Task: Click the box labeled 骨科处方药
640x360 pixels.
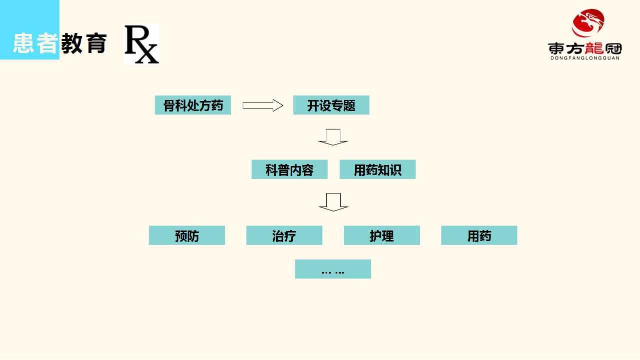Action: [x=193, y=105]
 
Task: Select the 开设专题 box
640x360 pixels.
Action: [x=331, y=105]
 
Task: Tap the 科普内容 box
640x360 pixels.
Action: [x=289, y=169]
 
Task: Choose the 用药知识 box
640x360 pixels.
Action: [x=377, y=169]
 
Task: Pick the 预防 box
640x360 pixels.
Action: [x=187, y=235]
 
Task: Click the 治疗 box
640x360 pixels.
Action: [x=284, y=235]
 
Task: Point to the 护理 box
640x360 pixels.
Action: [x=381, y=235]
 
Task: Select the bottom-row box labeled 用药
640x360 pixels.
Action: [x=479, y=235]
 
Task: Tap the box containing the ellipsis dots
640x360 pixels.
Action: [x=333, y=269]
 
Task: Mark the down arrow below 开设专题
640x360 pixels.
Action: [x=333, y=137]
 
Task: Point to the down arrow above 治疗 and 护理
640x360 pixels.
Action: [x=333, y=202]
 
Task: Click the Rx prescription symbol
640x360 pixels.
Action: [x=141, y=44]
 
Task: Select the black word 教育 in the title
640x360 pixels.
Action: [x=84, y=44]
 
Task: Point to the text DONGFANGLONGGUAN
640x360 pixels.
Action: [x=584, y=58]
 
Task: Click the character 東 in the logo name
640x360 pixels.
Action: [x=556, y=48]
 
